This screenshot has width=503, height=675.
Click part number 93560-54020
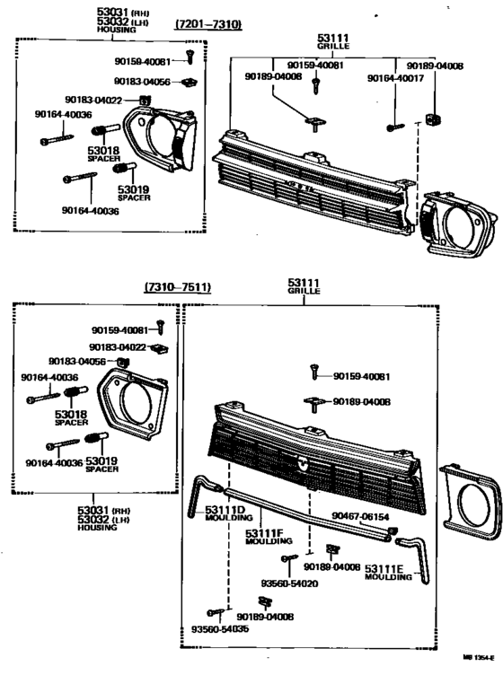pyautogui.click(x=290, y=583)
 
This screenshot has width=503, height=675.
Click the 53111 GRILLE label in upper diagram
pyautogui.click(x=330, y=42)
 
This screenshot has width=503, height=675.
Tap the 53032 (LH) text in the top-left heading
pyautogui.click(x=121, y=21)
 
